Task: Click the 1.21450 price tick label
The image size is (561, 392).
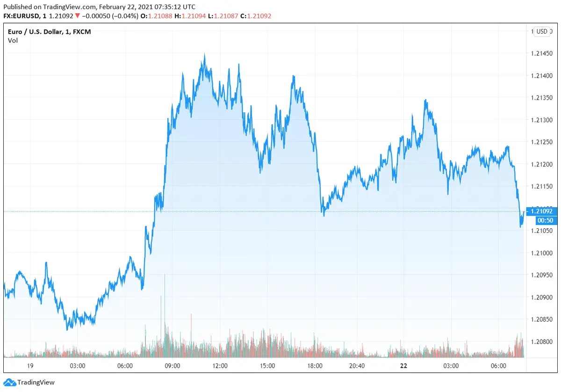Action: click(x=542, y=53)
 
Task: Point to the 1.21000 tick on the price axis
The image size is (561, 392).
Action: click(x=542, y=253)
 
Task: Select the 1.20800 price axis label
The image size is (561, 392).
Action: click(x=542, y=342)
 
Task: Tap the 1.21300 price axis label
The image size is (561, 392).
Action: click(x=542, y=120)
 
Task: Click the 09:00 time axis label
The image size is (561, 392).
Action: click(x=173, y=365)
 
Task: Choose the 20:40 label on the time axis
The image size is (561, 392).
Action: click(x=357, y=365)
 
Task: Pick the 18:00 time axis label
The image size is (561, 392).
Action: click(x=315, y=365)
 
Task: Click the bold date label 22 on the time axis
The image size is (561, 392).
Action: click(x=403, y=365)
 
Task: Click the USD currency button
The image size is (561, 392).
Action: click(x=542, y=31)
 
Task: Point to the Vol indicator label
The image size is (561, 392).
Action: click(x=13, y=40)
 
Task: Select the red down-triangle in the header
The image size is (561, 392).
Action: click(x=77, y=16)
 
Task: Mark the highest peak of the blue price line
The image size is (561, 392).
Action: click(x=204, y=54)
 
